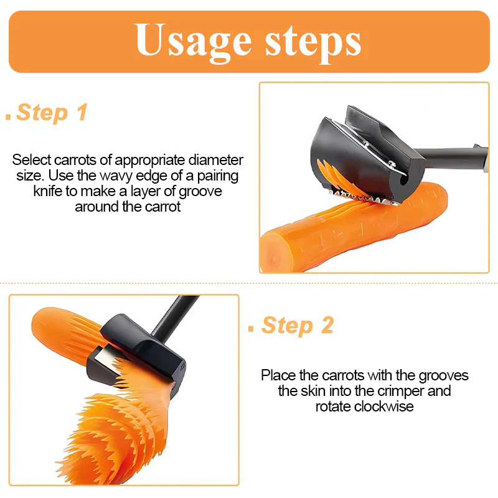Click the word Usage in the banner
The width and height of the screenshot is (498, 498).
point(193,42)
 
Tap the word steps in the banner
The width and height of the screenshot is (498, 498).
point(313,43)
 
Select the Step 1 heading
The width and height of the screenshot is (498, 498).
point(52,113)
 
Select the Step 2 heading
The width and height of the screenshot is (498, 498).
point(298,326)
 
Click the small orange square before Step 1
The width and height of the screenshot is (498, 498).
point(8,116)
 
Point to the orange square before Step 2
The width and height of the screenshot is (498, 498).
point(251,329)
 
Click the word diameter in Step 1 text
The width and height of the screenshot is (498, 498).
point(215,160)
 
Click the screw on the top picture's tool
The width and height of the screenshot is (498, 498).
point(392,164)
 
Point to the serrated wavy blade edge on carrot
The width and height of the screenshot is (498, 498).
point(364,198)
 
